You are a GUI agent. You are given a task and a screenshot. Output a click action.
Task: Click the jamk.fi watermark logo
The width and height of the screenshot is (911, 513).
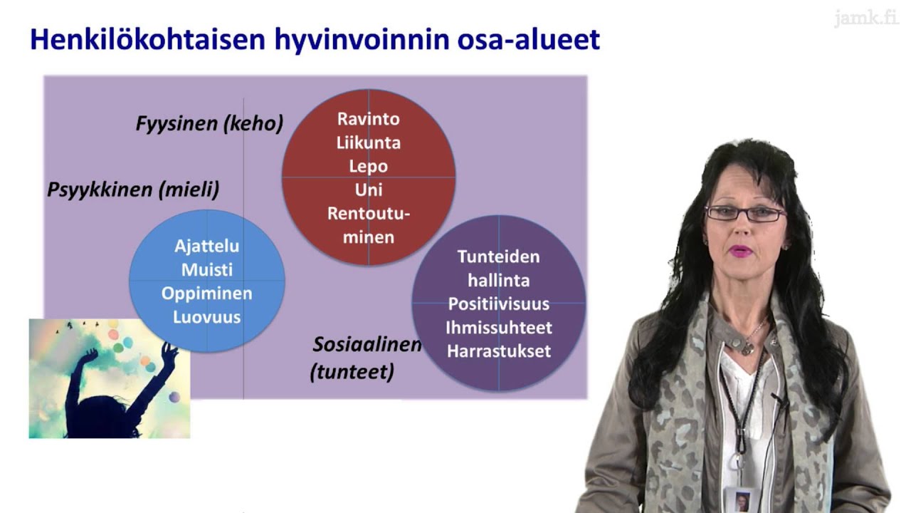tap(866, 18)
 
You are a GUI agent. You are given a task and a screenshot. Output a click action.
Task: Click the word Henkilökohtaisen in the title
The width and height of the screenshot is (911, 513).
tap(148, 40)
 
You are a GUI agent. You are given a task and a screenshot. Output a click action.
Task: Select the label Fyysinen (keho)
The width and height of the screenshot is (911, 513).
tap(209, 124)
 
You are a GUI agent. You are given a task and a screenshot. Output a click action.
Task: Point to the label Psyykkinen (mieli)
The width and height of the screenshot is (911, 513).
tap(133, 190)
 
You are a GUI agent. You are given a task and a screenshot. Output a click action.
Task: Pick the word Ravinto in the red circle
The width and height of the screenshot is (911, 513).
tap(368, 119)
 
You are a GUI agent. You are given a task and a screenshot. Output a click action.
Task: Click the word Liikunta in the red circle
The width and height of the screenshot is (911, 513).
tap(368, 142)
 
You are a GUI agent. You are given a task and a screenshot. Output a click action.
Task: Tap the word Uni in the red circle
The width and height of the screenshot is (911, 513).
tap(368, 190)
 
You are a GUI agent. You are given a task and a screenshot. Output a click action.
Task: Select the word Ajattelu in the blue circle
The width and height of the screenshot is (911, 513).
tap(206, 247)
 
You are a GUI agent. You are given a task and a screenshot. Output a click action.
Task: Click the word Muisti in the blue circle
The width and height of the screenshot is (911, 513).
tap(206, 270)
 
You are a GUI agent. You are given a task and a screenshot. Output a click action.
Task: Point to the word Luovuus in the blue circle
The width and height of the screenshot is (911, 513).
tap(206, 317)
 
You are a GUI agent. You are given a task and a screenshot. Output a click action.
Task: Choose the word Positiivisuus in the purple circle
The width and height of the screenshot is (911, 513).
tap(498, 304)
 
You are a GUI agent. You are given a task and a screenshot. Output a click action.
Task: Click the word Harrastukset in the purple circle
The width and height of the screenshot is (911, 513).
tap(498, 351)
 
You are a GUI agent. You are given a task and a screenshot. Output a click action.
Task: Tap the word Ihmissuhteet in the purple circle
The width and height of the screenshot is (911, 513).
tap(498, 328)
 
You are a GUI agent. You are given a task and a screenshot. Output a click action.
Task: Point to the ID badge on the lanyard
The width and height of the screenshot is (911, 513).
tap(742, 499)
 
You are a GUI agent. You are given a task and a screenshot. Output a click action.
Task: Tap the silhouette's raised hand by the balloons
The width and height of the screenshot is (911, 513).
tap(169, 350)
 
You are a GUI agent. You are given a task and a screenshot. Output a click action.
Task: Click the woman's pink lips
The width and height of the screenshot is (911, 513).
tap(741, 251)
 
